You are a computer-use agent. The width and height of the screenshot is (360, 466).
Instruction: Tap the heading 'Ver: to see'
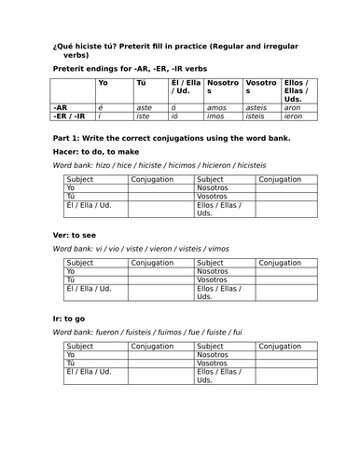76,235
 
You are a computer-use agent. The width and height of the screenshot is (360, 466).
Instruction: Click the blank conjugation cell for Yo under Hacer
162,187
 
